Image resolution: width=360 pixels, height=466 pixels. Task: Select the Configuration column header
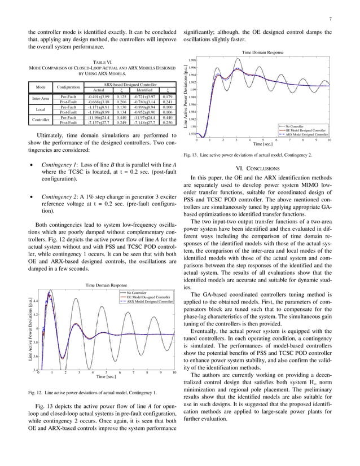[68, 87]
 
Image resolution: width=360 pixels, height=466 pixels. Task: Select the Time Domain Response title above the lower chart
[104, 286]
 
